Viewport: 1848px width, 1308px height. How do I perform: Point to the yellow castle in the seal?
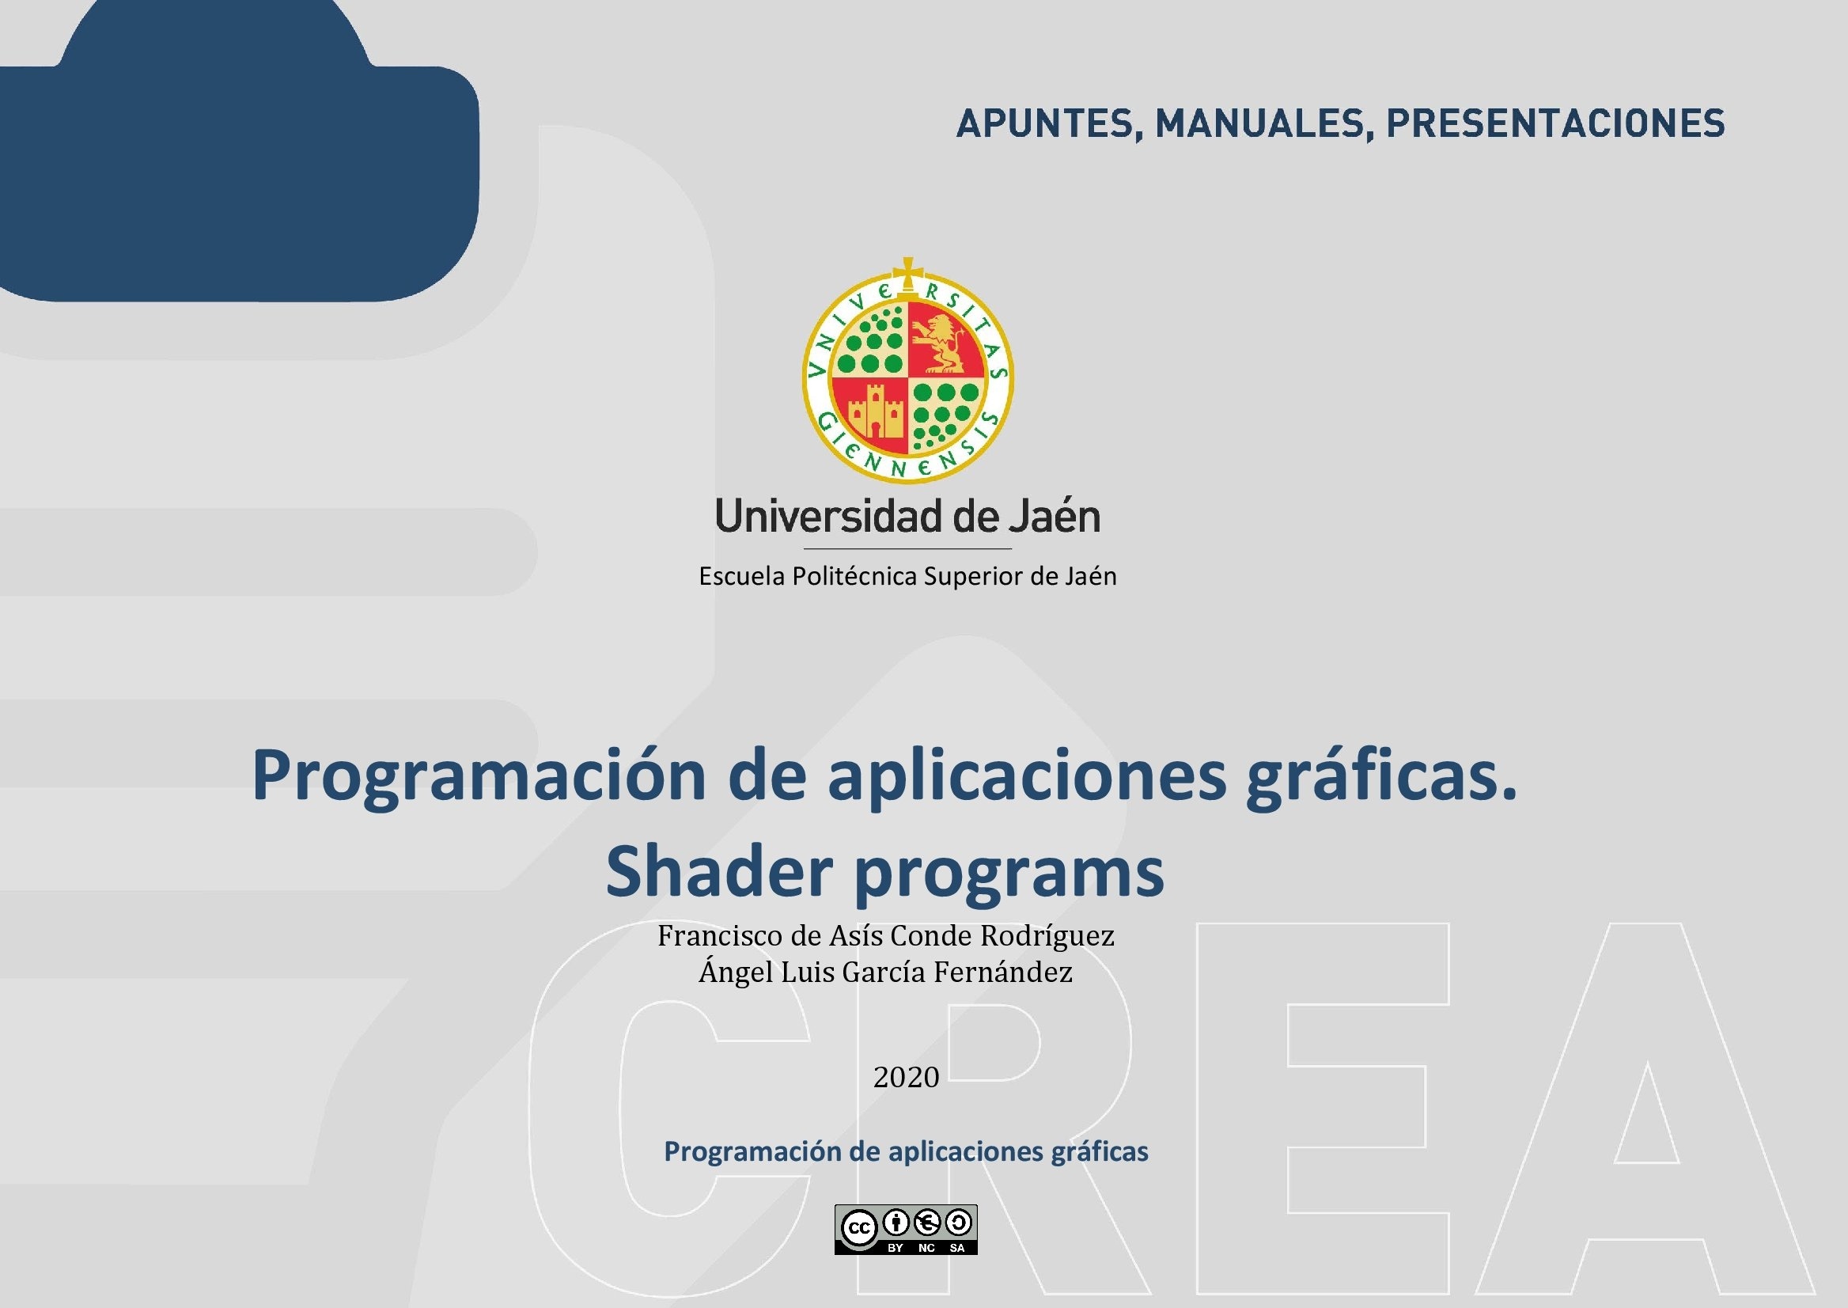coord(875,411)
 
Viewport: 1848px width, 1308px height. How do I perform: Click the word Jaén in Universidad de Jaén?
coord(1055,516)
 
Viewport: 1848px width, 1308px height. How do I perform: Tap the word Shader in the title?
coord(719,871)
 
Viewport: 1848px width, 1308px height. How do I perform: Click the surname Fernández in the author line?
coord(1003,972)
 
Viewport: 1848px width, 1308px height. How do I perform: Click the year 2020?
coord(907,1077)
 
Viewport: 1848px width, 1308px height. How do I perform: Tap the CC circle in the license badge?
coord(859,1227)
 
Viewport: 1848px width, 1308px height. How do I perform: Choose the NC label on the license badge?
coord(927,1248)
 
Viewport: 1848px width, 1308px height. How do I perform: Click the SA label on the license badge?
coord(957,1248)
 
